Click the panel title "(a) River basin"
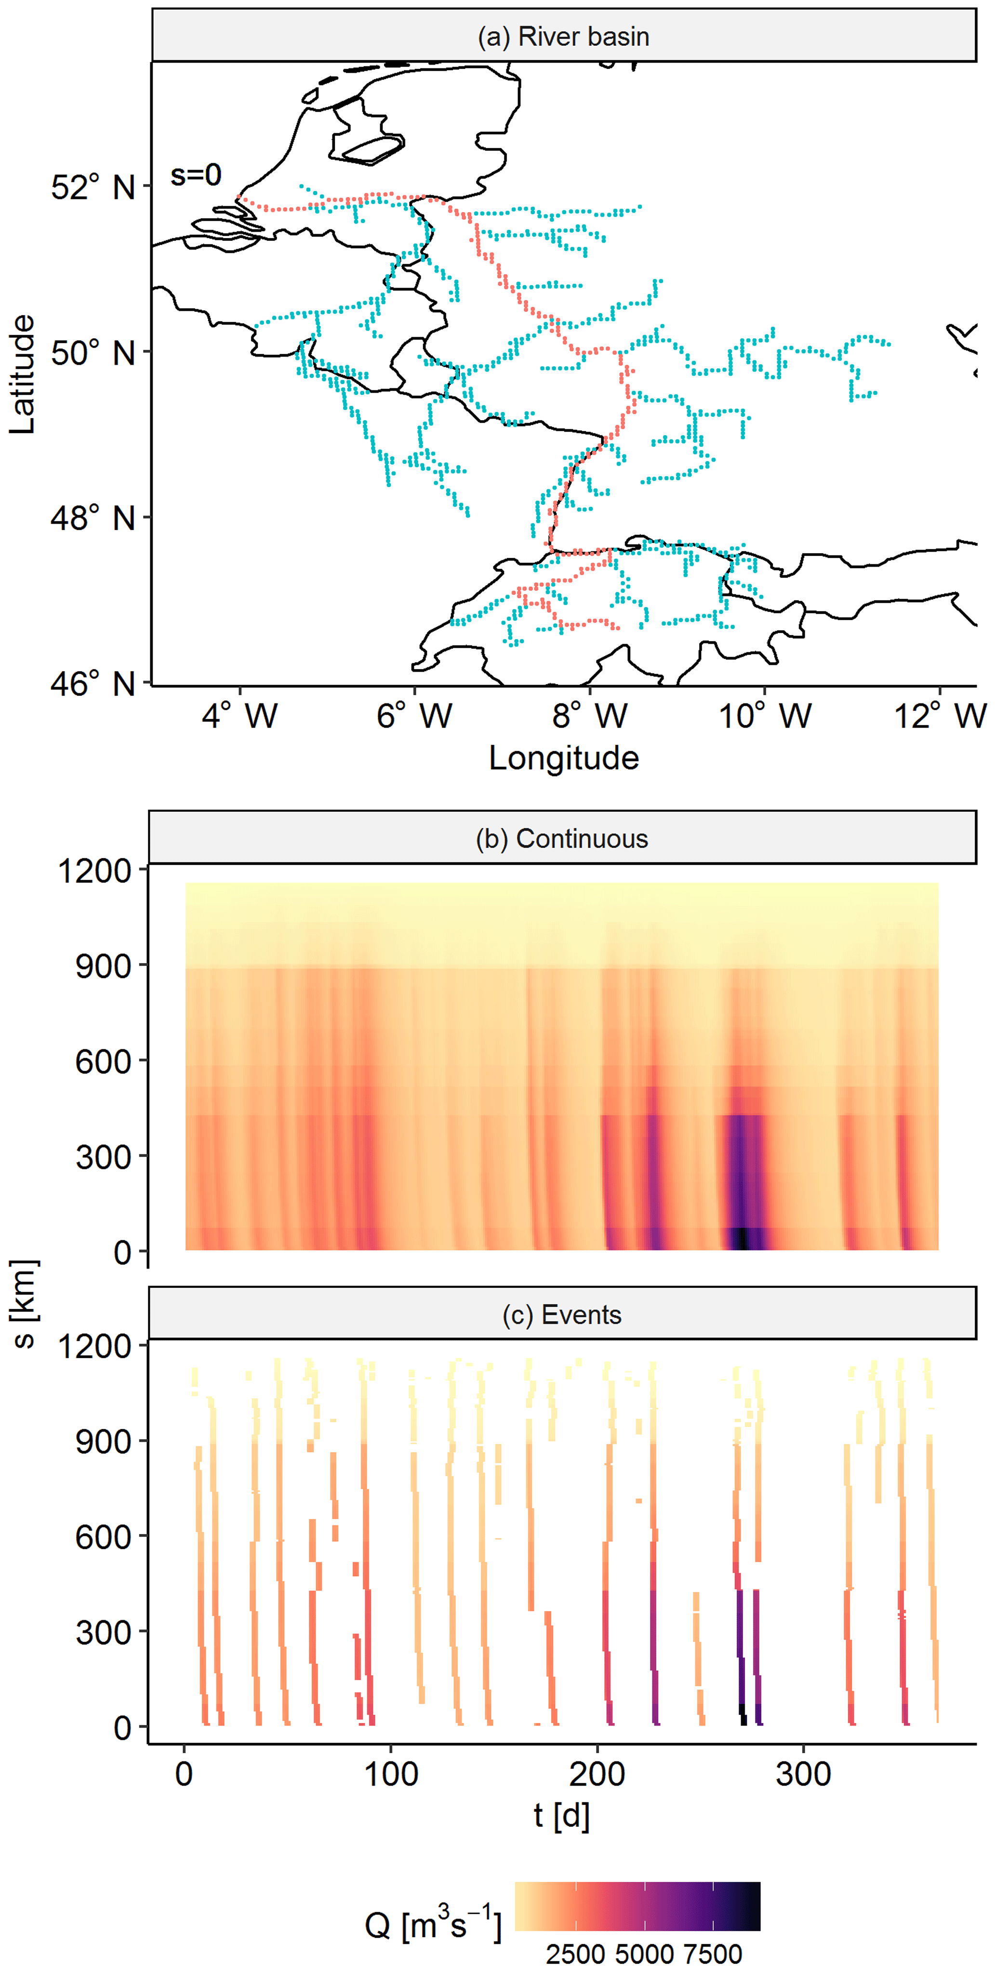click(563, 36)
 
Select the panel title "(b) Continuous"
click(562, 838)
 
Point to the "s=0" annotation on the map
click(196, 175)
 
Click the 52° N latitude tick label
click(93, 187)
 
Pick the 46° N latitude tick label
click(93, 684)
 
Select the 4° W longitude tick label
click(239, 716)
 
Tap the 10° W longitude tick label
click(764, 716)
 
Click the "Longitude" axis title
click(563, 758)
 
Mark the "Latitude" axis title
click(23, 373)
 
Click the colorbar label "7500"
click(713, 1954)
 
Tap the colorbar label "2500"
click(575, 1954)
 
